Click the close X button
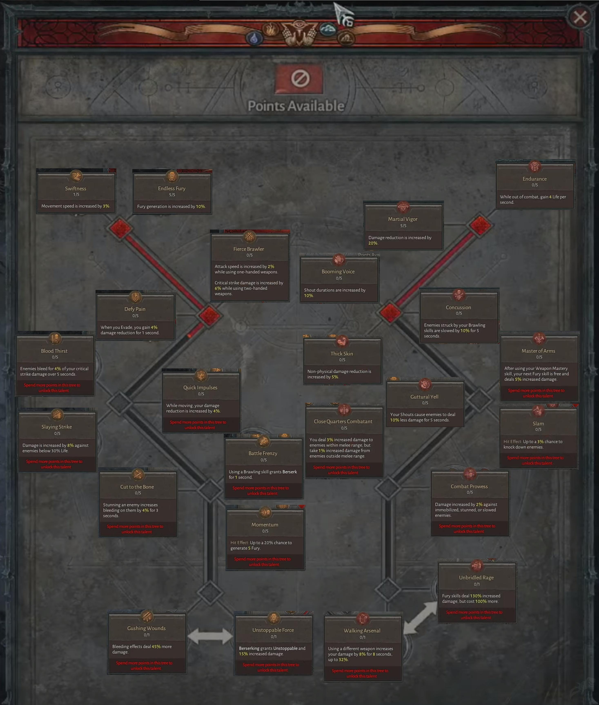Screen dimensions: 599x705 tap(580, 17)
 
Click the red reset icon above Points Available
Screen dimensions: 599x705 tap(299, 79)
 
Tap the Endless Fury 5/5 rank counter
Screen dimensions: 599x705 tap(172, 195)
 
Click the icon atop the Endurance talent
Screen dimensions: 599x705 tap(535, 166)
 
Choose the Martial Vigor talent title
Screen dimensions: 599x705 tap(403, 219)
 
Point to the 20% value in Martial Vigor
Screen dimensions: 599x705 tap(373, 243)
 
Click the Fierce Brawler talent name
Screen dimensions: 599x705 tap(249, 249)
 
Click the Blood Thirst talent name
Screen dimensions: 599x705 tap(54, 351)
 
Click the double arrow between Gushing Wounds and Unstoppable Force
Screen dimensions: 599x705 tap(210, 636)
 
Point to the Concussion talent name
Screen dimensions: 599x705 tap(458, 307)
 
